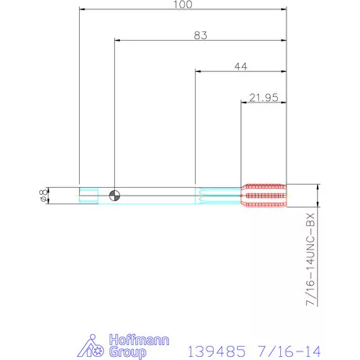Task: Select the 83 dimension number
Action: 201,34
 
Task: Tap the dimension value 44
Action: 241,67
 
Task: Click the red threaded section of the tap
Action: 264,196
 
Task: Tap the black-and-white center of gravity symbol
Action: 114,196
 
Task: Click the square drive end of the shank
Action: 88,196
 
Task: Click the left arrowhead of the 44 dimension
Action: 198,72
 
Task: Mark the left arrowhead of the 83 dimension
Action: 117,41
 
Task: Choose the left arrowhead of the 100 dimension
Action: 82,10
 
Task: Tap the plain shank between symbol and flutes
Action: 157,196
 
